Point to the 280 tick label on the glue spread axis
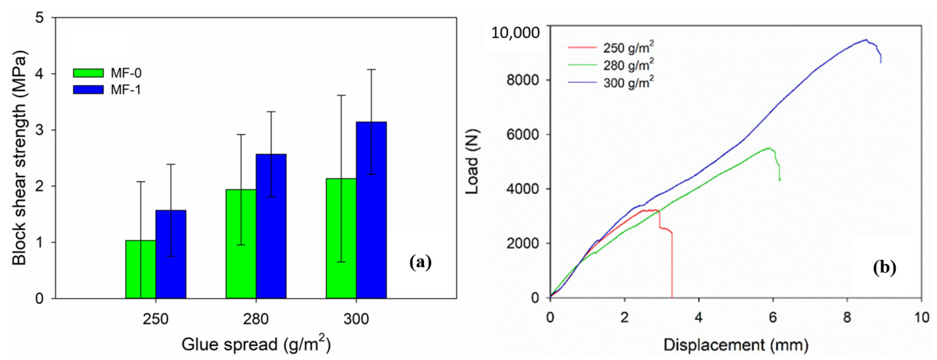click(x=256, y=319)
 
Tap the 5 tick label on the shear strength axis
click(x=40, y=18)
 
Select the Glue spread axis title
click(x=256, y=344)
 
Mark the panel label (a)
click(x=420, y=262)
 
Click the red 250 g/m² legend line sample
click(x=582, y=48)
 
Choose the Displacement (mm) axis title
click(x=735, y=345)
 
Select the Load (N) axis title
click(x=473, y=162)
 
